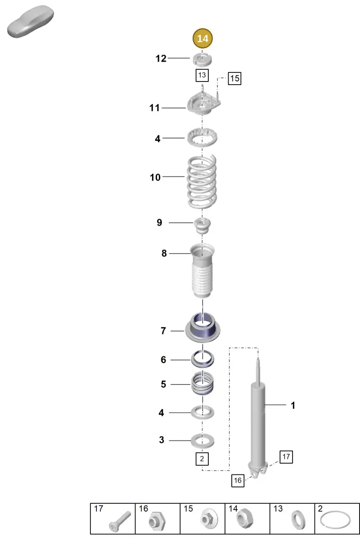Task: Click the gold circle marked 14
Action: tap(202, 38)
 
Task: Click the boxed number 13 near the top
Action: tap(202, 75)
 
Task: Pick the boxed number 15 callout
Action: tap(234, 78)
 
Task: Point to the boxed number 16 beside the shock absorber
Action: tap(238, 480)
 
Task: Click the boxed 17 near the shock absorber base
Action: tap(286, 457)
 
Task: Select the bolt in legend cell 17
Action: tap(120, 521)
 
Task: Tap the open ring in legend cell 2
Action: tap(335, 520)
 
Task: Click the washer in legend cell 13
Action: tap(298, 520)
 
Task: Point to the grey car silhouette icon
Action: tap(31, 22)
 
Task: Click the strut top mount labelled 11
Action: tap(203, 105)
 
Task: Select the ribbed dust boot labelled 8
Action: tap(202, 271)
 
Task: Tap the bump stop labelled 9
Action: tap(202, 226)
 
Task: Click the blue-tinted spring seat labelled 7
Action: tap(202, 328)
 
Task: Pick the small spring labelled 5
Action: tap(202, 384)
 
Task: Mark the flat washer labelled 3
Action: tap(202, 441)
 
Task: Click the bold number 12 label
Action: tap(161, 59)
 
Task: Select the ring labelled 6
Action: tap(202, 359)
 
